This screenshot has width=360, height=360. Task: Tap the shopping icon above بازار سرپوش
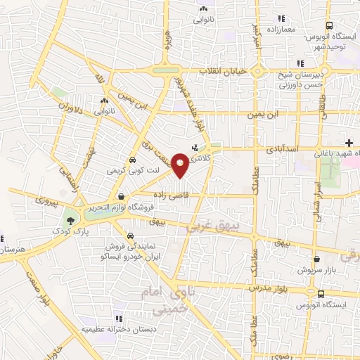(316, 259)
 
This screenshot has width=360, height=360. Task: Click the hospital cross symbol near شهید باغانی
(349, 143)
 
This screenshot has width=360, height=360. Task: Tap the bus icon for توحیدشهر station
(300, 44)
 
